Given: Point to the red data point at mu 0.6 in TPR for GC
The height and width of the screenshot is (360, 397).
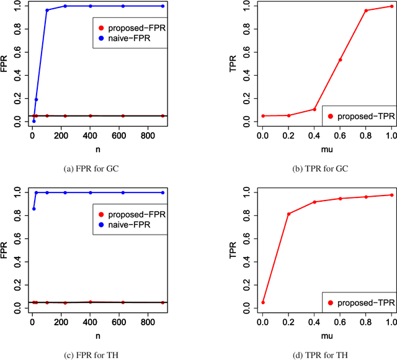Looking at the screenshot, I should [x=340, y=60].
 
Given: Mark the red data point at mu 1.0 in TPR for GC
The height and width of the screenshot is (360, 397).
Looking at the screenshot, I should [x=391, y=6].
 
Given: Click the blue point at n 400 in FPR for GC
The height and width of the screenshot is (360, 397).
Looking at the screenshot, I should [x=91, y=6].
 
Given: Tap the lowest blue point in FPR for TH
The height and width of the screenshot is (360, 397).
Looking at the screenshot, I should [x=33, y=209].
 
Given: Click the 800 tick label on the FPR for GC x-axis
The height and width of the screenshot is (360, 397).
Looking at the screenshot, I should [x=150, y=137].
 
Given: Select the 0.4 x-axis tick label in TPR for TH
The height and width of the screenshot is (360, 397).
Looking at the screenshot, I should [x=314, y=323].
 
